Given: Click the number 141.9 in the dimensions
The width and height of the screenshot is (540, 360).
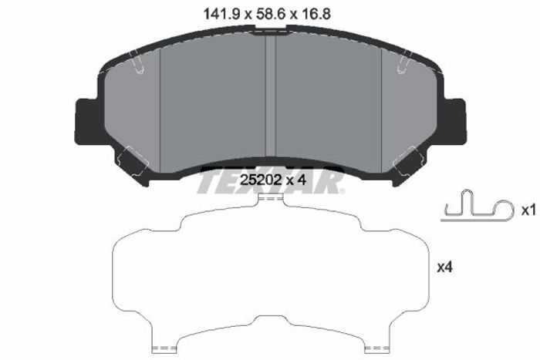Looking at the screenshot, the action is coord(222,15).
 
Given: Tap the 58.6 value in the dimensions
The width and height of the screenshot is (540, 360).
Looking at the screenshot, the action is coord(270,15).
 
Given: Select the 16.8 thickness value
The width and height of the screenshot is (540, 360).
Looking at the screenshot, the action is coord(315,15).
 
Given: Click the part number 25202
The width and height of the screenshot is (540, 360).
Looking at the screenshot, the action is coord(261,180).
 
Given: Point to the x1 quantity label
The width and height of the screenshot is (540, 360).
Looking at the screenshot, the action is coord(528,210).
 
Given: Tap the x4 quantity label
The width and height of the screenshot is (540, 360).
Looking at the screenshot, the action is coord(444,267).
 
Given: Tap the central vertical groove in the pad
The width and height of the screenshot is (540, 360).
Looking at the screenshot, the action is coord(271,96).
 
